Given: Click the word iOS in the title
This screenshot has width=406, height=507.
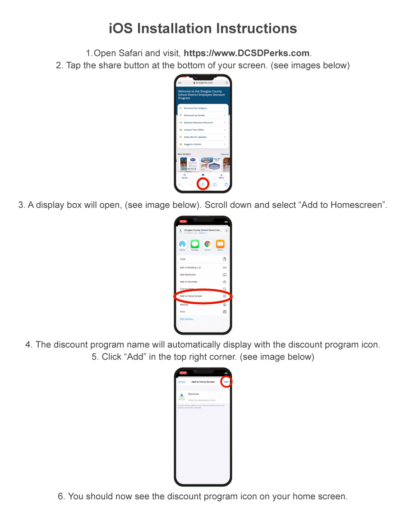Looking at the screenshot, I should click(x=121, y=28).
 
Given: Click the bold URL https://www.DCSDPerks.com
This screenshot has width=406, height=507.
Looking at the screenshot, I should click(x=247, y=53).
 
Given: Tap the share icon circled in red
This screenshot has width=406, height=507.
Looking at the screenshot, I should click(x=203, y=184).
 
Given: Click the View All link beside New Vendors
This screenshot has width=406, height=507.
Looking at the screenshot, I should click(x=224, y=154).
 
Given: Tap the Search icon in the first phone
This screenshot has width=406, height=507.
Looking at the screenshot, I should click(x=185, y=175).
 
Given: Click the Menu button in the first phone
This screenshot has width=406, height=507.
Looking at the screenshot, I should click(x=221, y=175).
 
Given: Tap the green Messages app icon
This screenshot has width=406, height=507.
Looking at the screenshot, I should click(x=195, y=244).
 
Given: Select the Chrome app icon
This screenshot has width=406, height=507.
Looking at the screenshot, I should click(x=208, y=244).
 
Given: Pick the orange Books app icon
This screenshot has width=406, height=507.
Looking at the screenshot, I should click(x=220, y=244).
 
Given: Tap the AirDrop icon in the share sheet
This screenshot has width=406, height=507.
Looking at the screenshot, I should click(x=182, y=244).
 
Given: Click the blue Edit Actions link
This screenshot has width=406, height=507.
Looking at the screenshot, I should click(x=187, y=319).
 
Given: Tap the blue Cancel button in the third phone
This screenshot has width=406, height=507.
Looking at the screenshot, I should click(x=181, y=382).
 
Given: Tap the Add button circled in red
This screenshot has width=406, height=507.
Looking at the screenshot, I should click(x=226, y=382).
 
